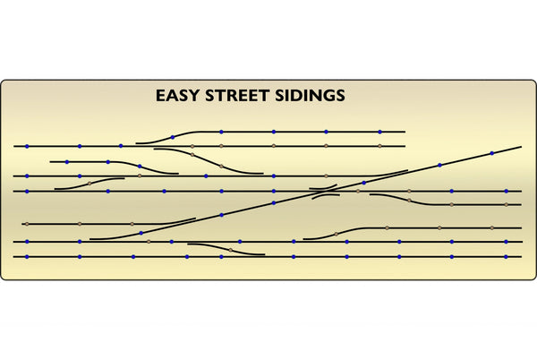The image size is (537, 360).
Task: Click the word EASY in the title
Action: pos(177,96)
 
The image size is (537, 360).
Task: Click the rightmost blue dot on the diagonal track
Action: pos(492,153)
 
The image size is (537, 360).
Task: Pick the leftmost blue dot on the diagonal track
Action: pos(141,233)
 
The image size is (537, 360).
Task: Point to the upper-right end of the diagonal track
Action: pos(522,147)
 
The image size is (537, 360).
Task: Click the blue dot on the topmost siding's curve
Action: pos(173,137)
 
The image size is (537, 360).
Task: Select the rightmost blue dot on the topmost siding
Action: pos(379,132)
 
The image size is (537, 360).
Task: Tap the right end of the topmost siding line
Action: pos(405,132)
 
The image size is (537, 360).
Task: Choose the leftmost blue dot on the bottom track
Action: pos(27,256)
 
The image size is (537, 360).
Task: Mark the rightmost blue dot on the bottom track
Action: pos(506,256)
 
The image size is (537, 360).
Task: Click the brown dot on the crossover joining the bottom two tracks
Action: pos(230,250)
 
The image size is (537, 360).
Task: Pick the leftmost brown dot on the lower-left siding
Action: pos(27,224)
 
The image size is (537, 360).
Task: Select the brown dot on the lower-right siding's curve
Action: pos(336,234)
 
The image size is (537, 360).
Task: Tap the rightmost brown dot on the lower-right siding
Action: pos(491,227)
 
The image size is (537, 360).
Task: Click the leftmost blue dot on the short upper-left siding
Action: pos(67,162)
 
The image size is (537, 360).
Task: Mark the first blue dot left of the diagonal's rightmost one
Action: pos(439,165)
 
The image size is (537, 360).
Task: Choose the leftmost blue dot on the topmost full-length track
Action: pos(27,146)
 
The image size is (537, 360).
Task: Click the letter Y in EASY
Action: pos(193,96)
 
